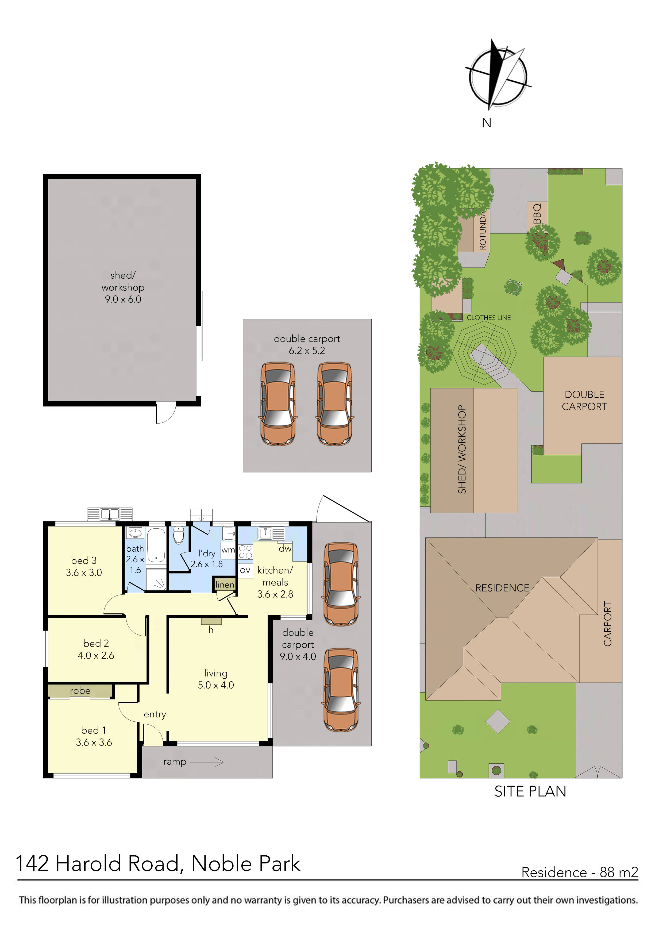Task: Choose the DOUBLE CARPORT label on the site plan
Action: (x=584, y=400)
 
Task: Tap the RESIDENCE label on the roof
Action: (x=502, y=588)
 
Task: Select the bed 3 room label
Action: (x=84, y=566)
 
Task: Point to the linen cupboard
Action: (x=225, y=585)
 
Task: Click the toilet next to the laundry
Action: (x=179, y=535)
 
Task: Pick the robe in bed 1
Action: (x=80, y=691)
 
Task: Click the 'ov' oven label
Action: (x=245, y=570)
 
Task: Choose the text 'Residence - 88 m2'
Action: (x=579, y=873)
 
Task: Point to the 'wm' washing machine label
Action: (x=228, y=550)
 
